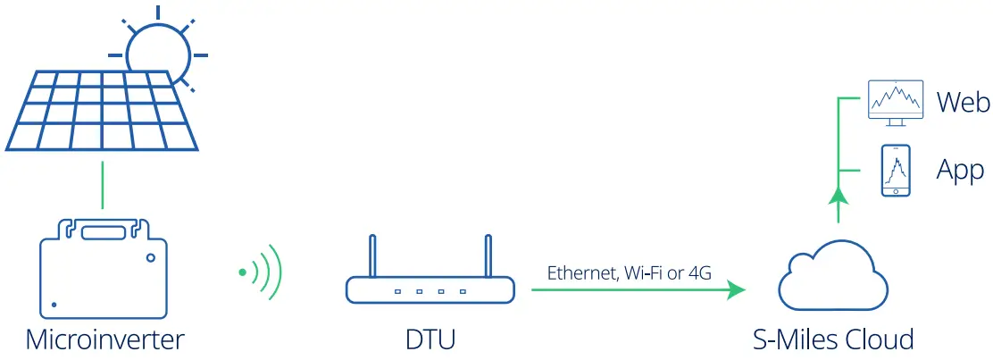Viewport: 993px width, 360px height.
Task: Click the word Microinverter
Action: [x=104, y=340]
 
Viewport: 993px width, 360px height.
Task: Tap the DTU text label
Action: [x=430, y=340]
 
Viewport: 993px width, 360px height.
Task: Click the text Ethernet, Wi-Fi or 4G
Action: [x=629, y=273]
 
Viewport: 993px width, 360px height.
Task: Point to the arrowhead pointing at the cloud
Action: [x=736, y=289]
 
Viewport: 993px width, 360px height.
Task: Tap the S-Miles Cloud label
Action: [x=832, y=340]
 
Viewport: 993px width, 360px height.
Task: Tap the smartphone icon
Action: [x=896, y=171]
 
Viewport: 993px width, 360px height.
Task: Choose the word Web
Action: [x=963, y=103]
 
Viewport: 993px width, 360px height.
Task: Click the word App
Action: [x=960, y=170]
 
